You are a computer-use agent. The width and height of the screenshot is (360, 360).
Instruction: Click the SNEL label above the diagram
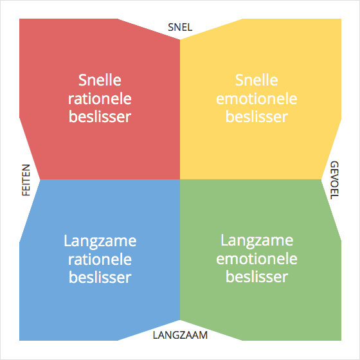point(180,27)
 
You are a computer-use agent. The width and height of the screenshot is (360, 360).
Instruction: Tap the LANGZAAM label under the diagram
point(180,335)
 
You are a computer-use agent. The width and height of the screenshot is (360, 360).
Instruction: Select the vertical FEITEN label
point(26,180)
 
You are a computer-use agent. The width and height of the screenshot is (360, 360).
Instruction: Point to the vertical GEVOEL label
point(334,180)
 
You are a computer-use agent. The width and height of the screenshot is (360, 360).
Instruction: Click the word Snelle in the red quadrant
point(100,80)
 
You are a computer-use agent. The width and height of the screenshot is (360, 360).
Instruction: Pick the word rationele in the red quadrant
point(100,99)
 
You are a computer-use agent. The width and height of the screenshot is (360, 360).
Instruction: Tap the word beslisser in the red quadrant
point(100,116)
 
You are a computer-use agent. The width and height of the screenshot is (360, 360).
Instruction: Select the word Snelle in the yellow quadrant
point(256,80)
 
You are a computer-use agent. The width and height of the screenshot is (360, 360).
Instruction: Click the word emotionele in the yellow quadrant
point(256,99)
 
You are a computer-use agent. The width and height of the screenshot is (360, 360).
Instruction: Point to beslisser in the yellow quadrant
point(256,116)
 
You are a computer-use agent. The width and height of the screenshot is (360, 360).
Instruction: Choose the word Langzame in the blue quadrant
point(100,242)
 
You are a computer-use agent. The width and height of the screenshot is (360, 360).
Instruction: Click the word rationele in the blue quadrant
point(100,260)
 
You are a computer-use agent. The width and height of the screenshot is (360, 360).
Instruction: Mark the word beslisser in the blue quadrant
point(100,277)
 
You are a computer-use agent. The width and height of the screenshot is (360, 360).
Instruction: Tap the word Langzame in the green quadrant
point(256,241)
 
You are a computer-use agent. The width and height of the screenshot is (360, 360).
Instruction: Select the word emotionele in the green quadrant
point(256,258)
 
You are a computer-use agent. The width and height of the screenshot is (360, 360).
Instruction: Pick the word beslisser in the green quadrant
point(256,276)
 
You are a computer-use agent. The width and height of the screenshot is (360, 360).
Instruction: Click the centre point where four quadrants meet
point(180,179)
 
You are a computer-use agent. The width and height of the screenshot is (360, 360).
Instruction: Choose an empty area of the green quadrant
point(253,206)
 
